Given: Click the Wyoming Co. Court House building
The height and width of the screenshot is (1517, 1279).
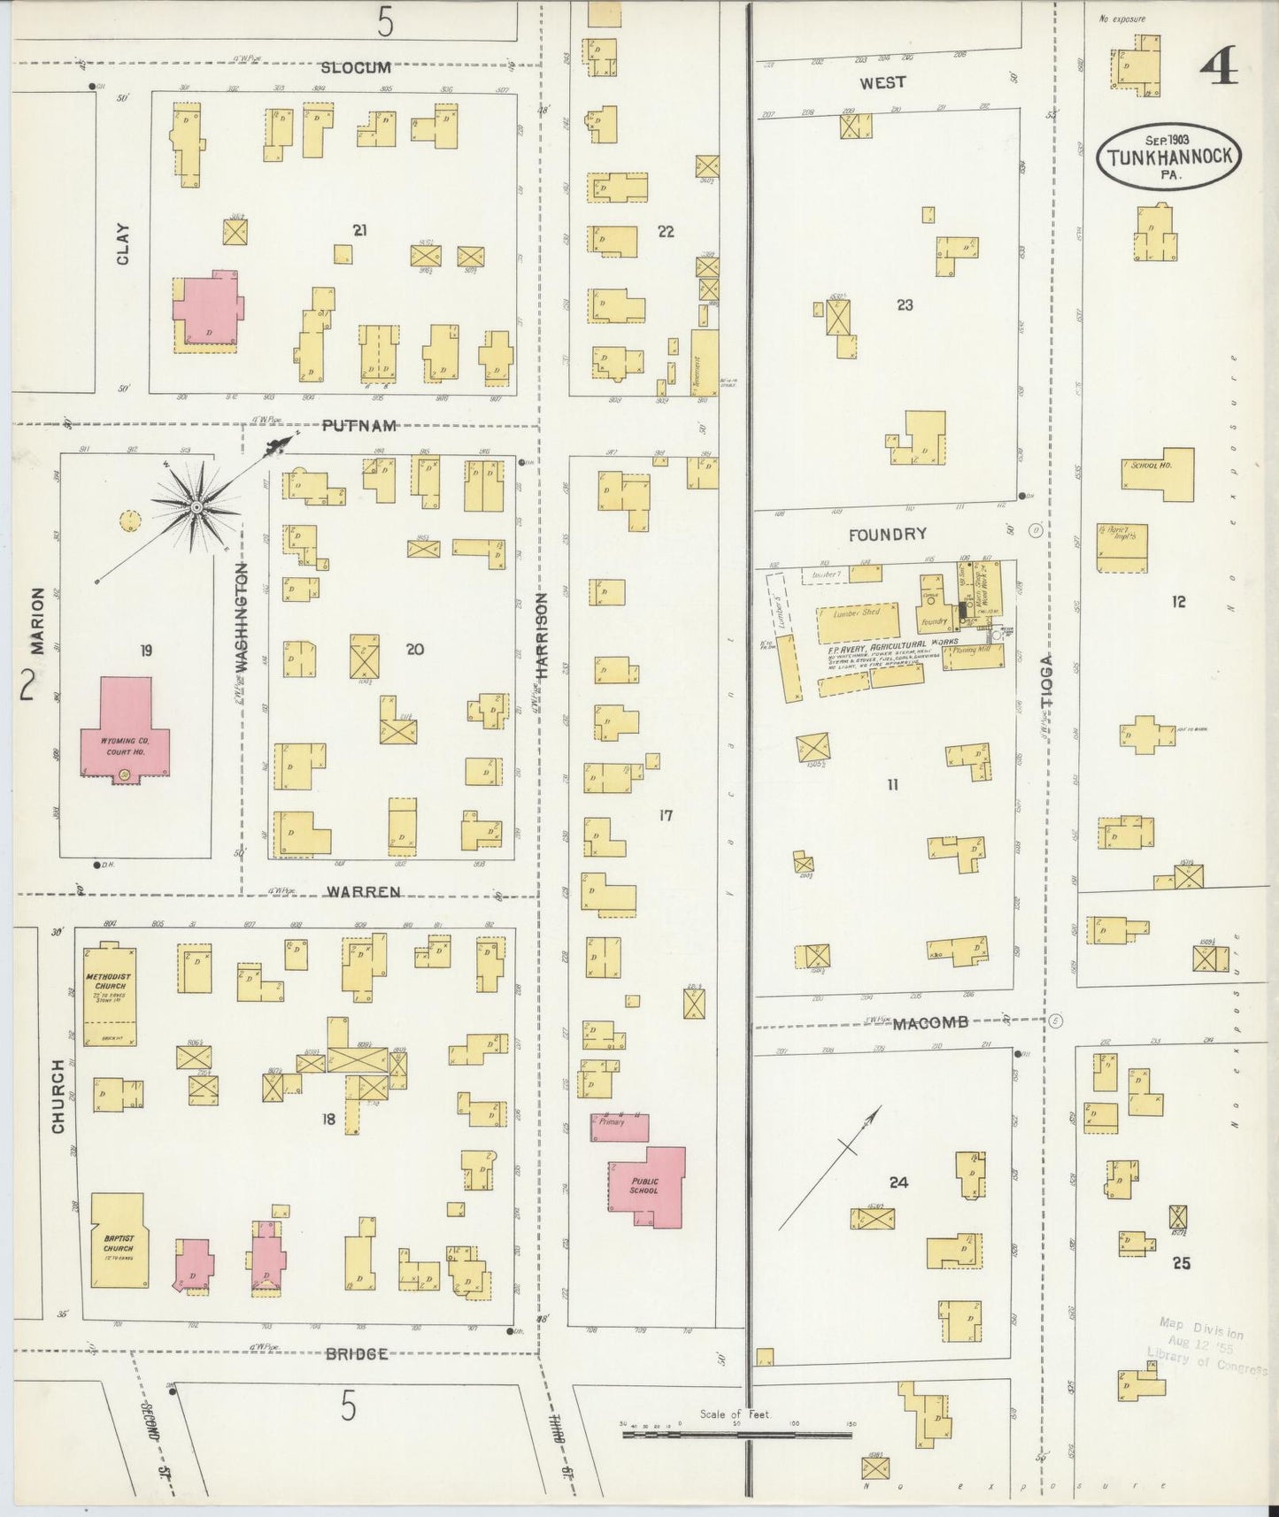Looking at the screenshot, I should point(125,730).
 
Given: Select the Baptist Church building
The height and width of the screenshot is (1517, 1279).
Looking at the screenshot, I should point(119,1241).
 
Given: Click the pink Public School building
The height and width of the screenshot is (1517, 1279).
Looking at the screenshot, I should point(646,1186).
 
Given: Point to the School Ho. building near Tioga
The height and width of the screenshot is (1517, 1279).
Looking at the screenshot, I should point(1158,474).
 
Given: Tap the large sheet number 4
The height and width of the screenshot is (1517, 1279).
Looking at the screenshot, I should point(1220,65).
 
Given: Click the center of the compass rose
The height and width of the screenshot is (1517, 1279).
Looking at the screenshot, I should point(196,507).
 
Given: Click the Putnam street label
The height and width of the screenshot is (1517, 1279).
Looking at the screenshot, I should point(358,426).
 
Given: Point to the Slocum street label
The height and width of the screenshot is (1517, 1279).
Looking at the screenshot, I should point(356,67).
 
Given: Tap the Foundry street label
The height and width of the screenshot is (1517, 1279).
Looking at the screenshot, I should point(887,535).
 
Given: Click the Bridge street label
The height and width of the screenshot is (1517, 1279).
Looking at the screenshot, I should point(356,1354).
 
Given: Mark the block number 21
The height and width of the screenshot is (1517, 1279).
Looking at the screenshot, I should point(359,230).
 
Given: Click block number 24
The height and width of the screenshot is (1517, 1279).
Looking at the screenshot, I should point(898,1182).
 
